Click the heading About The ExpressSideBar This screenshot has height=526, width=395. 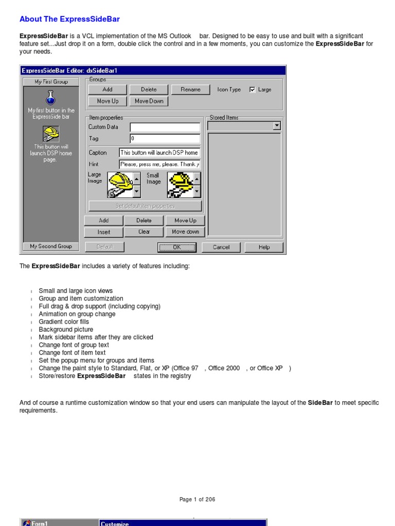[x=69, y=19]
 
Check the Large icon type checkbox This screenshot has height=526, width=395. [x=252, y=89]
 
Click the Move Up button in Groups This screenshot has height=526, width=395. [x=107, y=101]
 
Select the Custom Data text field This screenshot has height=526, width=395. [x=165, y=127]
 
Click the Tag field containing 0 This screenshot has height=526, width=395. [x=165, y=138]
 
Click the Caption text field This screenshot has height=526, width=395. [x=159, y=153]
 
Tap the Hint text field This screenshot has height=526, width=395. [x=159, y=164]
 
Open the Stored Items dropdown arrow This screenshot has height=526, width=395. [x=277, y=125]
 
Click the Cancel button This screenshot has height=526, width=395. [x=221, y=247]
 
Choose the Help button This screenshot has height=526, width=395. [x=264, y=247]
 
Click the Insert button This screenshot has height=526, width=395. [x=104, y=232]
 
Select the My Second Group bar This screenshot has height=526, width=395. [x=51, y=246]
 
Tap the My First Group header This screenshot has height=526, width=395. [x=51, y=82]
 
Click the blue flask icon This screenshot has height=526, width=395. [x=50, y=97]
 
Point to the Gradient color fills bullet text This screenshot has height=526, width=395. [x=64, y=322]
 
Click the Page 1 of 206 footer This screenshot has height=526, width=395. [x=197, y=499]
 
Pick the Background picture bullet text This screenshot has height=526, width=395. [x=66, y=329]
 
